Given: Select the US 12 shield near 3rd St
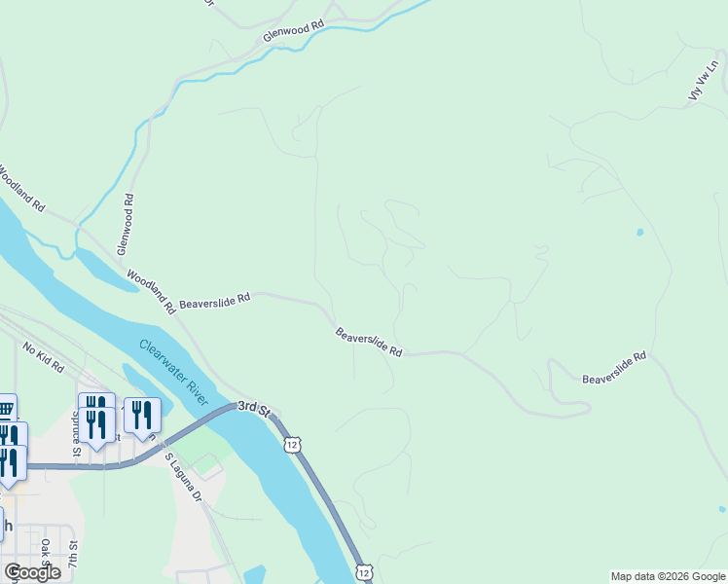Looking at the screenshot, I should click(x=292, y=444).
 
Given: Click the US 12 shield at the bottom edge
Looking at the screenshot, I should click(x=362, y=572).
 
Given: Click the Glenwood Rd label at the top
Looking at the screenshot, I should click(x=292, y=33).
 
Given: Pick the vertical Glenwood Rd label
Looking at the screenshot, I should click(x=127, y=224).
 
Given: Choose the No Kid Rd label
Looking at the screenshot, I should click(x=42, y=358).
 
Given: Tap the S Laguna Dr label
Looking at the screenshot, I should click(x=182, y=476).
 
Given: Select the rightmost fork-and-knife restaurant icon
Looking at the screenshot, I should click(x=142, y=416).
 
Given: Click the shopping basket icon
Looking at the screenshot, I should click(x=6, y=409).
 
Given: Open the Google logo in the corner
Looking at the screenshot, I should click(x=32, y=572).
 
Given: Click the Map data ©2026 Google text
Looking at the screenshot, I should click(x=668, y=576).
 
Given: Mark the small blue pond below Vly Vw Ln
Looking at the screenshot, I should click(x=639, y=233).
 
